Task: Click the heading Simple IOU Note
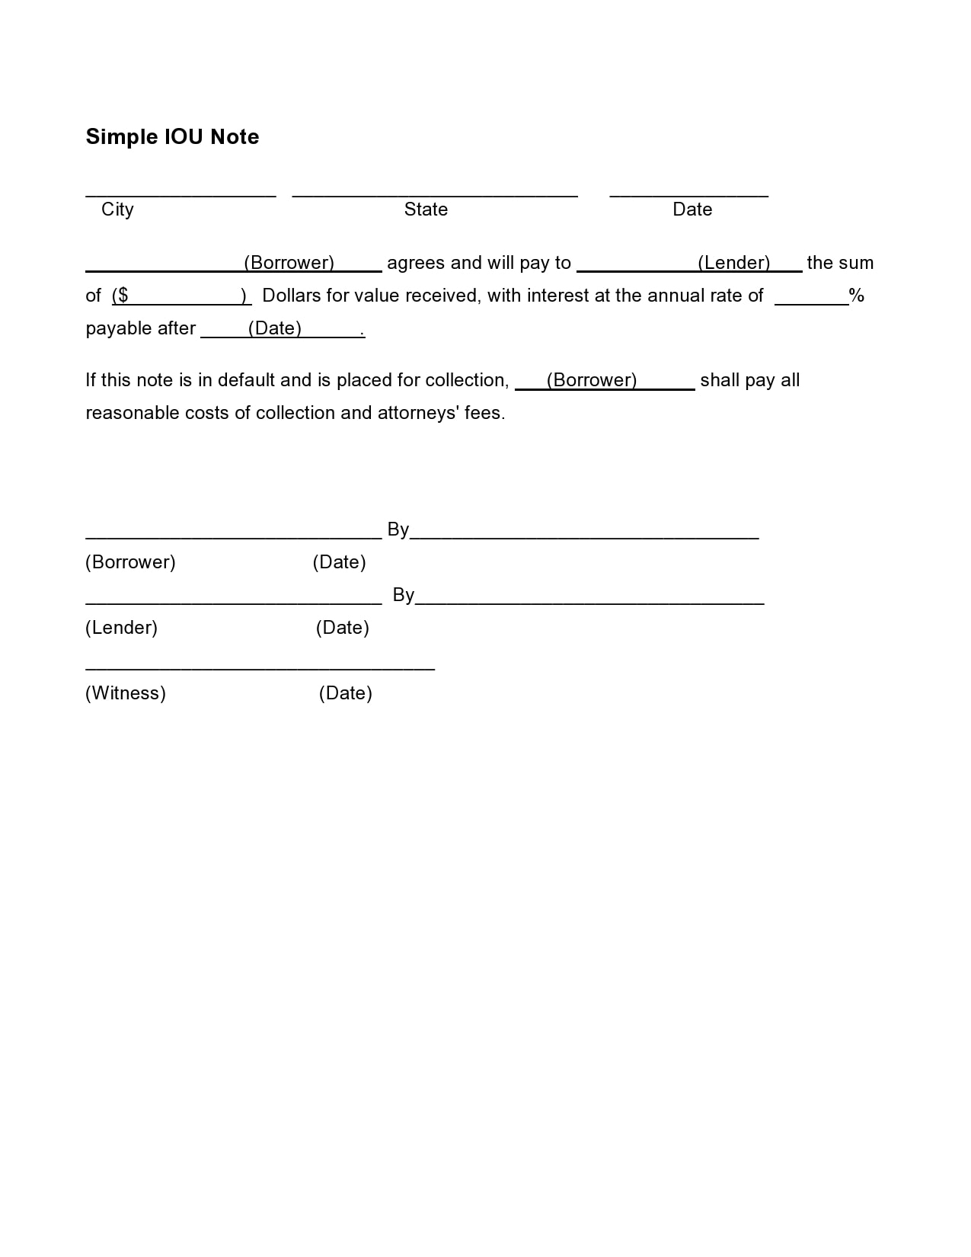click(x=172, y=136)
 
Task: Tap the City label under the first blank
click(x=117, y=209)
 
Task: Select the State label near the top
click(x=426, y=209)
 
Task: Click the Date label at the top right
click(x=692, y=209)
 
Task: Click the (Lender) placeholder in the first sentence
click(x=734, y=263)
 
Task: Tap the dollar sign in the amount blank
click(x=123, y=296)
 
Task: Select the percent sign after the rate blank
click(x=857, y=296)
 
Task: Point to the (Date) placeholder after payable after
click(x=275, y=328)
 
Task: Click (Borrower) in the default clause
click(x=592, y=380)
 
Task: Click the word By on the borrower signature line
click(x=398, y=529)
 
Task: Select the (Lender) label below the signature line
click(x=122, y=628)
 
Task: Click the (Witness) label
click(x=126, y=693)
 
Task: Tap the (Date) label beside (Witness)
click(x=346, y=693)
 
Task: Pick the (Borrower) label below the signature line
click(x=130, y=562)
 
